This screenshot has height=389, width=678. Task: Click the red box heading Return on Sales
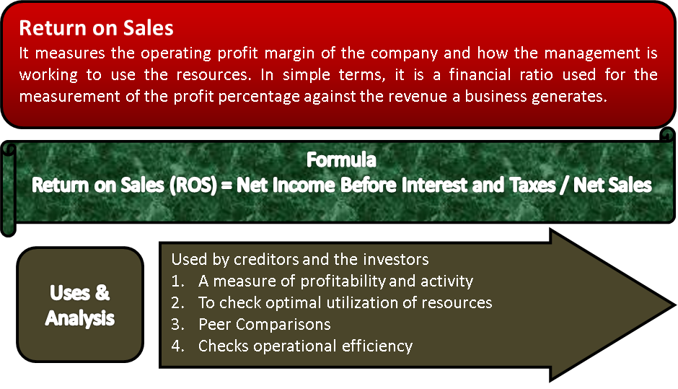click(96, 28)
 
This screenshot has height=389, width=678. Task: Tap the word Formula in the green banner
click(341, 159)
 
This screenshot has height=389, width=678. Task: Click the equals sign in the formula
click(226, 185)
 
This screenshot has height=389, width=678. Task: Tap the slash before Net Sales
click(564, 185)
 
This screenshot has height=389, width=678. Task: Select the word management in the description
click(592, 53)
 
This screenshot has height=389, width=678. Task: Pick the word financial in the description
click(480, 74)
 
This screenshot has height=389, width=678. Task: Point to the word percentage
click(258, 96)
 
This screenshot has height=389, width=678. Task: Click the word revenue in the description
click(418, 96)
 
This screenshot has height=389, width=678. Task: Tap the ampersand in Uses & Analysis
click(102, 292)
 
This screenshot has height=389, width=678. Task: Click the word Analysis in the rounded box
click(80, 318)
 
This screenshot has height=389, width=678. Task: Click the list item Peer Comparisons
click(264, 325)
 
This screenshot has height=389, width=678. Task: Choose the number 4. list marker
click(177, 346)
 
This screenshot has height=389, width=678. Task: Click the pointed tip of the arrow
click(675, 305)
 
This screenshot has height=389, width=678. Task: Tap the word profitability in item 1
click(343, 281)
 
